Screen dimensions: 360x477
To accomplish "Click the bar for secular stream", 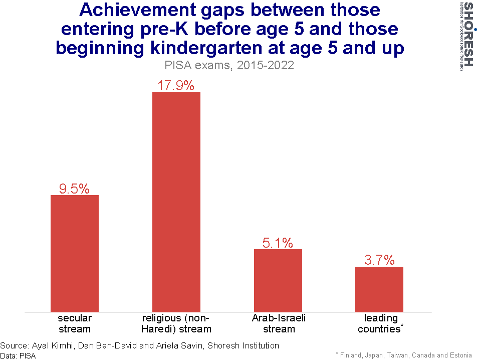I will (x=75, y=253).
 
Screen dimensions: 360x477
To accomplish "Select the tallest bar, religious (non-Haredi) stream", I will (x=176, y=202).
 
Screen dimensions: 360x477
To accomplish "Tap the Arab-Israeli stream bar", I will (x=278, y=280).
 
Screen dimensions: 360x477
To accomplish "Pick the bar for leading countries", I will (x=379, y=289).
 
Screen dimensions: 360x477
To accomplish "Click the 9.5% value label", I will (x=75, y=189).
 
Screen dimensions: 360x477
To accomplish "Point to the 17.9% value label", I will (x=176, y=85).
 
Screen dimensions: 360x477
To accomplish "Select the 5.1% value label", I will (x=278, y=243).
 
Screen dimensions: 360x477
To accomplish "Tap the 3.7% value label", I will (x=379, y=260).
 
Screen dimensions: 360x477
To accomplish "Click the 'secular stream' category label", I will (x=75, y=323).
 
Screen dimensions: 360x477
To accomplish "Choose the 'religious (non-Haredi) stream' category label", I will (x=176, y=323).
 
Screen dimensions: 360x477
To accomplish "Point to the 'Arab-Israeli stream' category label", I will (x=279, y=323).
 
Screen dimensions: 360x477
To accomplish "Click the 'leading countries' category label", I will (x=380, y=323).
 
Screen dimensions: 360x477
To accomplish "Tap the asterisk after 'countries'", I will (x=402, y=326).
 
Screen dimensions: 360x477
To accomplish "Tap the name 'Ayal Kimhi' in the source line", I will (x=53, y=345).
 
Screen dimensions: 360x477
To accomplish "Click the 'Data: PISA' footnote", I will (x=18, y=355).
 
